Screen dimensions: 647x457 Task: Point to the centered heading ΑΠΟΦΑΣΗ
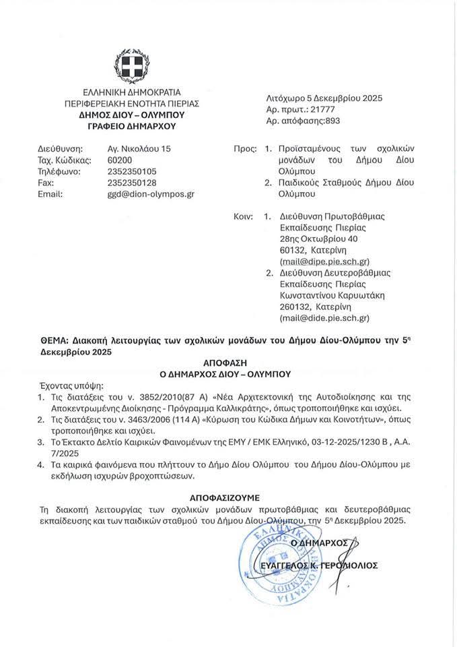pos(229,363)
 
